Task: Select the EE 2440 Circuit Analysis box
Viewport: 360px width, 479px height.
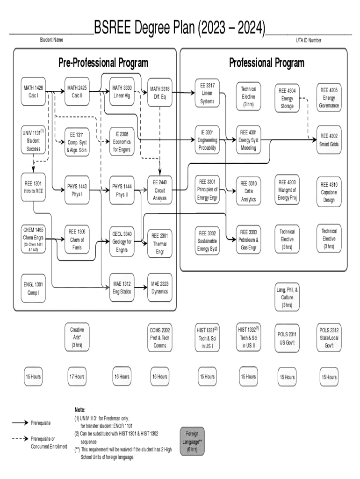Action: click(159, 190)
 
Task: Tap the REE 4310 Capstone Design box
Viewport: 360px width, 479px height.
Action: click(329, 192)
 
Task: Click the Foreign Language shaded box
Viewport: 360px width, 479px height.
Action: click(194, 442)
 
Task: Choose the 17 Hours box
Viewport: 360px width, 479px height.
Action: click(77, 377)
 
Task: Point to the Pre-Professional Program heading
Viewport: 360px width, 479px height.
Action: click(103, 63)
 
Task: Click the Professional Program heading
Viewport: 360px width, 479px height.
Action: click(266, 63)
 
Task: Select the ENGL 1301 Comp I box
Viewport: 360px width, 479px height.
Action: click(33, 289)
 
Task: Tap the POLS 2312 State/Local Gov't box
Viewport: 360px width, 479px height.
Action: click(329, 338)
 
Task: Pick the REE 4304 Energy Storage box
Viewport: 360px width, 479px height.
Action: click(287, 98)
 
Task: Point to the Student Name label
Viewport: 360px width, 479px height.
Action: click(51, 40)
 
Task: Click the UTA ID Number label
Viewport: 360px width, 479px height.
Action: click(309, 40)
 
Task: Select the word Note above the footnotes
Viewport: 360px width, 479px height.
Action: click(80, 409)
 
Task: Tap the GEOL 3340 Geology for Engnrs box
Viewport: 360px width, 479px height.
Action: click(122, 241)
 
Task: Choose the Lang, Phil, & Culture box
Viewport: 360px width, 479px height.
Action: click(287, 297)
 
